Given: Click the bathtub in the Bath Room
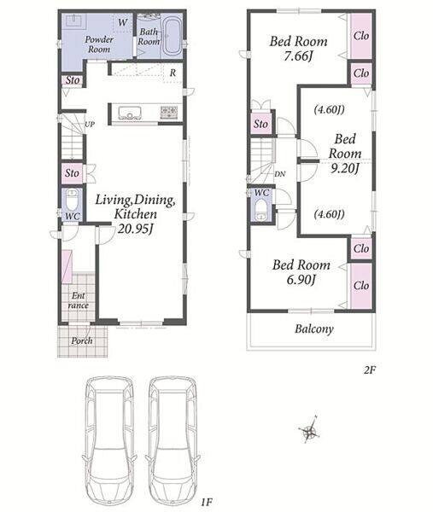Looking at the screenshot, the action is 172,36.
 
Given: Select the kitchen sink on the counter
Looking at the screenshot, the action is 130,113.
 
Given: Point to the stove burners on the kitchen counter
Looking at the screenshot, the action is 169,112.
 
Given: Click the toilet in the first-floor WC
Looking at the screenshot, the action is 72,200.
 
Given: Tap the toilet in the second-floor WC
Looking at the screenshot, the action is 261,210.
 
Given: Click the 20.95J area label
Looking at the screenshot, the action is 135,229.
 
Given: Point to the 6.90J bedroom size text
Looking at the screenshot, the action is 301,280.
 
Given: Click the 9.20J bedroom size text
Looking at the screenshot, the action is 345,168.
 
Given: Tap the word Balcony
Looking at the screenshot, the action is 314,329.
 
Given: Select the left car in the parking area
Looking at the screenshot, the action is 109,441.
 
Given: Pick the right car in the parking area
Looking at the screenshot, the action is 173,441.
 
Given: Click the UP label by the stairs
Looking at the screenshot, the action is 90,124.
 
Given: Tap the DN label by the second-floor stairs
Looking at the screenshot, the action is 280,174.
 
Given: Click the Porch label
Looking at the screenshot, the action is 82,340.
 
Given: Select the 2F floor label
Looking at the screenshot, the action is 370,370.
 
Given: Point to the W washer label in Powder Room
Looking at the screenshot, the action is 122,22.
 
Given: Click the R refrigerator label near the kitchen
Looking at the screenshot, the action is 173,73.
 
